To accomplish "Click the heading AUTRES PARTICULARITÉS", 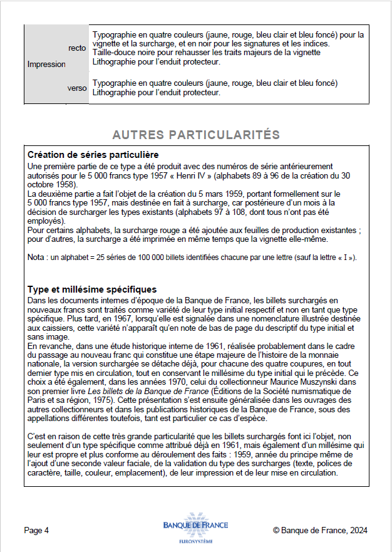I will [x=195, y=135].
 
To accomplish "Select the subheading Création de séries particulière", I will [x=93, y=155].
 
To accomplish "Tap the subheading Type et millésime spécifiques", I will [x=92, y=289].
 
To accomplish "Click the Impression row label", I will [x=46, y=64].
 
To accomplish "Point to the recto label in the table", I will [x=77, y=48].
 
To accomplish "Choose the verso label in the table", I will [x=77, y=88].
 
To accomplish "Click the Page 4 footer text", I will [x=36, y=530].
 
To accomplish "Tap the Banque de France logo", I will [x=195, y=526].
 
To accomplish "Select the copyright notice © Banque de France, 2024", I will [x=320, y=530].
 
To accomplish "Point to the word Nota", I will [x=36, y=258].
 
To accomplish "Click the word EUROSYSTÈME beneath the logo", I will [x=195, y=541].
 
